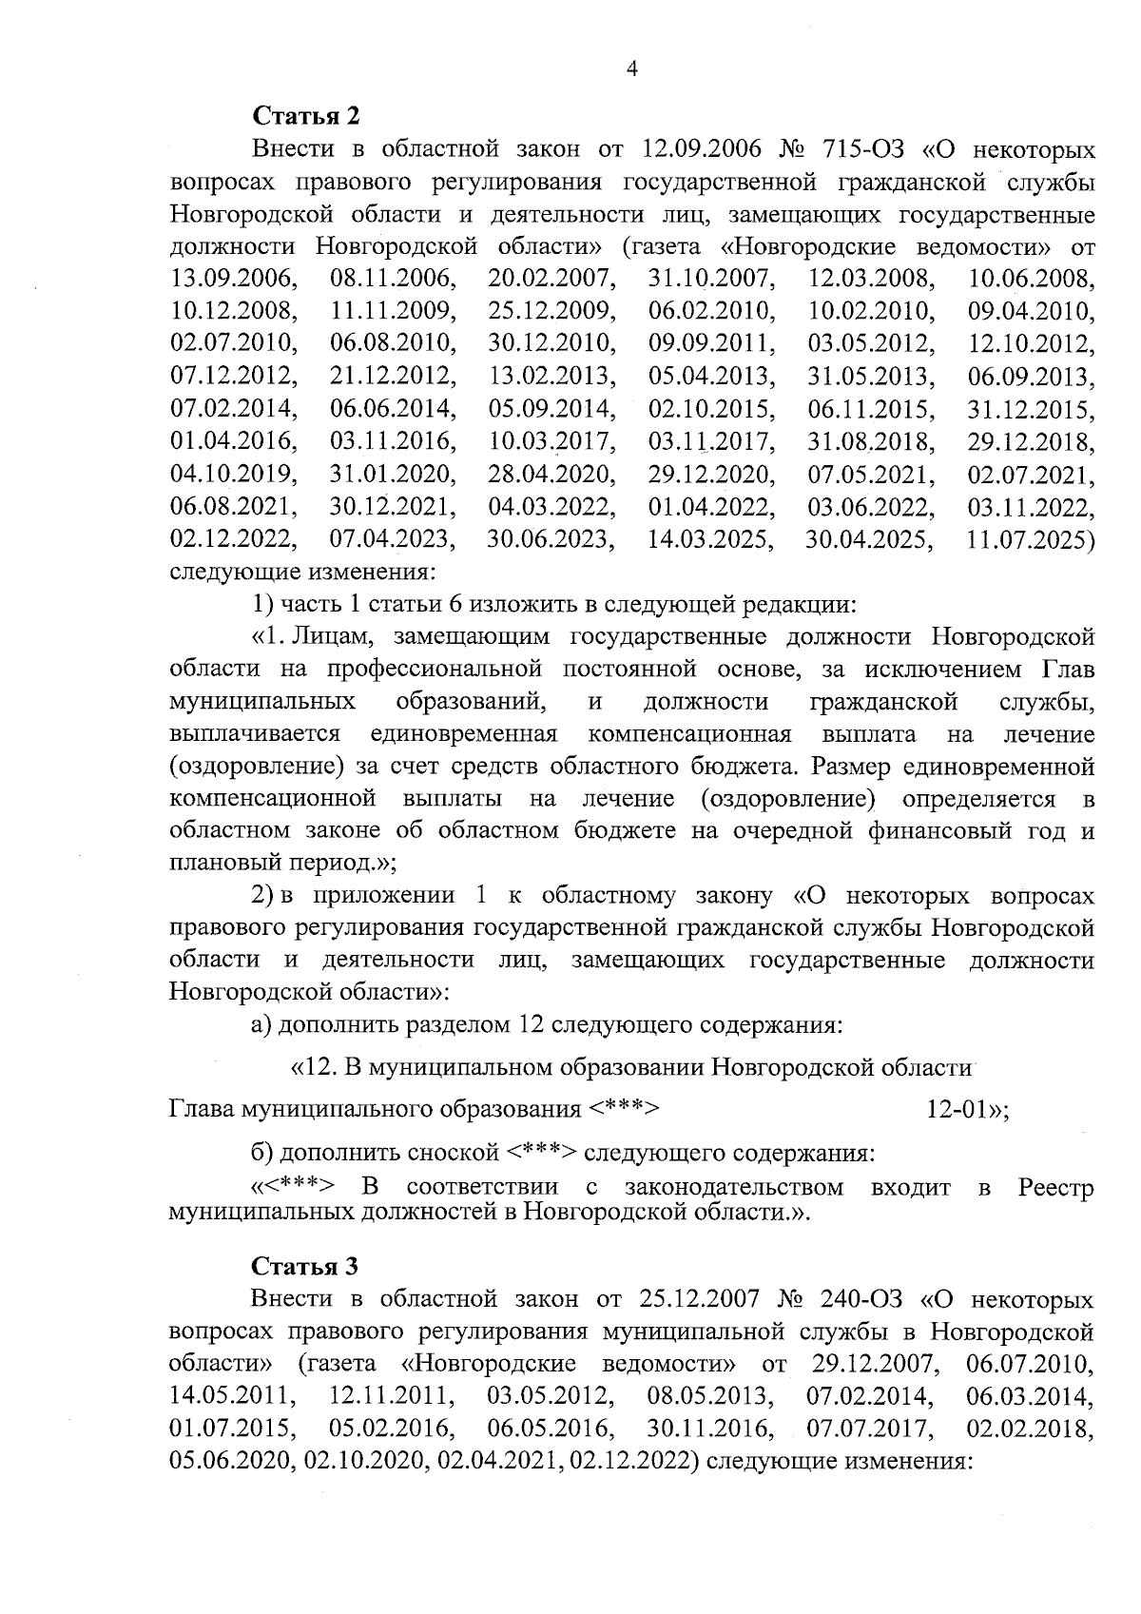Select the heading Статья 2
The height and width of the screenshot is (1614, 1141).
click(305, 117)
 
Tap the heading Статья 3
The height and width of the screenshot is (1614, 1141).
click(305, 1267)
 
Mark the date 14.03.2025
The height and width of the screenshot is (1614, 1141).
click(709, 540)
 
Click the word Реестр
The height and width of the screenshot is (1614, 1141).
click(1055, 1188)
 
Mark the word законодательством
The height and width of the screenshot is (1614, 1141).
click(734, 1188)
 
